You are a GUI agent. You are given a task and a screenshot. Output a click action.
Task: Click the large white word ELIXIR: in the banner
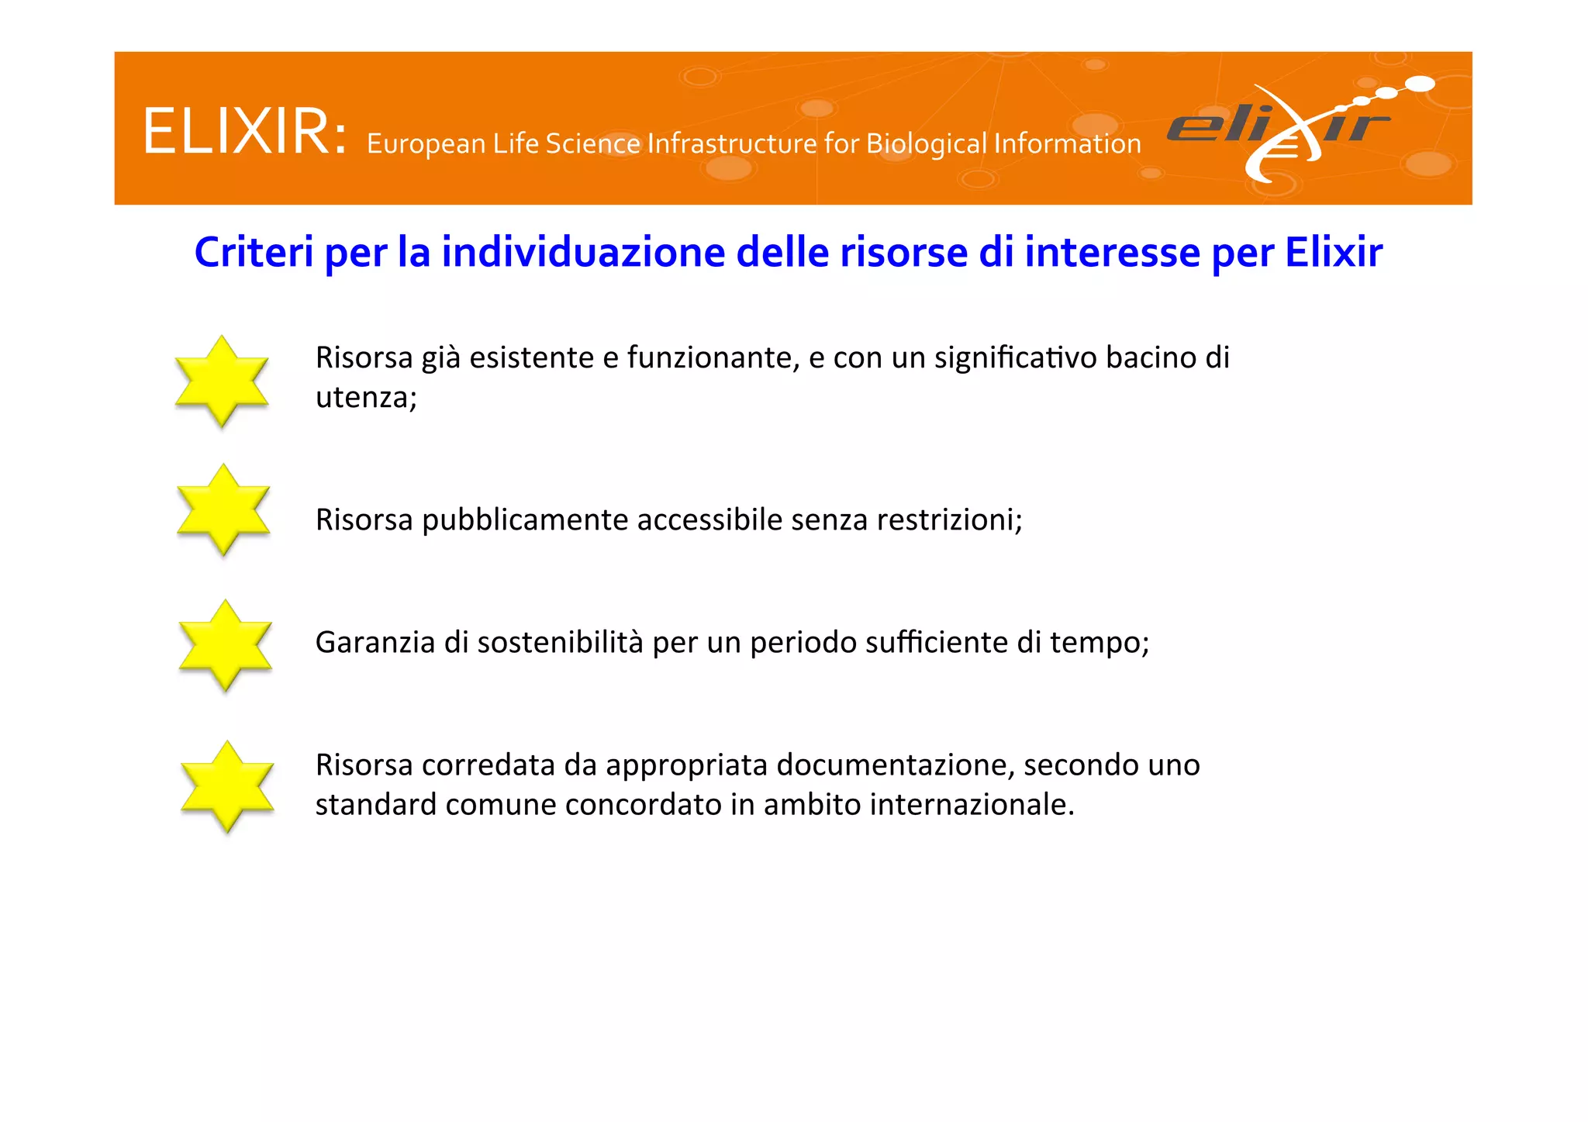244,132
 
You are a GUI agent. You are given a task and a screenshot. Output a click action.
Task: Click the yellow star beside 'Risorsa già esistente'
222,381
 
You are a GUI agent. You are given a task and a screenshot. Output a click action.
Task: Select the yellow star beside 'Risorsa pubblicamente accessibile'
223,509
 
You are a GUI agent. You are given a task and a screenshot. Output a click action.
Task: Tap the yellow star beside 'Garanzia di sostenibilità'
225,645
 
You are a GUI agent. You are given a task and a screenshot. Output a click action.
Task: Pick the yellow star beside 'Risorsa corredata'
227,786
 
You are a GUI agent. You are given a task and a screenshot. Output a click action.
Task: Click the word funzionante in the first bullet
713,357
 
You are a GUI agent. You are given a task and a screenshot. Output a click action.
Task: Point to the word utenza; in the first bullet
366,398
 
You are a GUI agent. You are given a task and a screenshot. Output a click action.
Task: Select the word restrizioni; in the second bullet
949,520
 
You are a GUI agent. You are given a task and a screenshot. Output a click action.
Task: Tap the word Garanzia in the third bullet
375,643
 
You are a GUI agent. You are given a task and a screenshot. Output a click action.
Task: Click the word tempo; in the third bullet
1100,643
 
